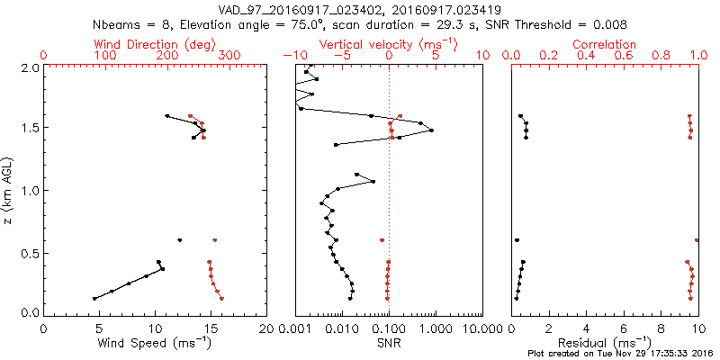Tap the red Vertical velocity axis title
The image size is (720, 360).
coord(389,44)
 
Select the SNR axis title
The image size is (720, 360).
coord(389,342)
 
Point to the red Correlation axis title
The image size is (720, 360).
coord(605,44)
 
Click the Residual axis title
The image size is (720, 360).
coord(605,342)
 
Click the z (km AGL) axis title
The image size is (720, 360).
coord(9,190)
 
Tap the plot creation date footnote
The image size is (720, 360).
coord(620,353)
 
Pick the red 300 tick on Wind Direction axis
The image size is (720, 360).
coord(229,56)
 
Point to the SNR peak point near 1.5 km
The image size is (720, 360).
coord(432,130)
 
